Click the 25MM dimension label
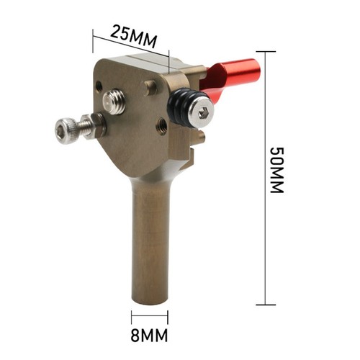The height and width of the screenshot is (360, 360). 133,37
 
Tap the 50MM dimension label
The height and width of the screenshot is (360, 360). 277,170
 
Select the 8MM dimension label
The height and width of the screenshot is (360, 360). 149,336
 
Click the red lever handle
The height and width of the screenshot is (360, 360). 230,78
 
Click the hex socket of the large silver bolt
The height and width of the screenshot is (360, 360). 204,114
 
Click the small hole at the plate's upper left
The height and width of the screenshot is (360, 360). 99,86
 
